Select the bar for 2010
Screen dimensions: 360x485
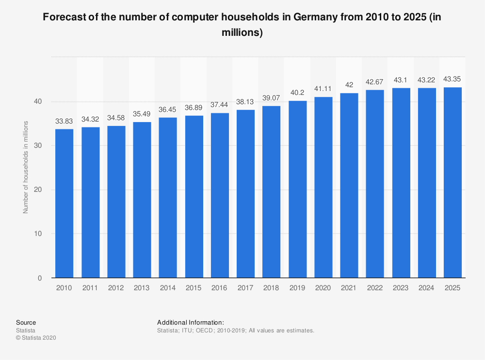coord(64,203)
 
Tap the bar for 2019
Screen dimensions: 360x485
coord(297,189)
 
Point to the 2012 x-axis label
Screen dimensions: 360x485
coord(116,288)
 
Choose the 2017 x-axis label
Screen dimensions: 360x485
coord(245,288)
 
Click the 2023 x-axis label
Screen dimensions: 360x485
coord(400,288)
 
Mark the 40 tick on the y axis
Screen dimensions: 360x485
coord(38,101)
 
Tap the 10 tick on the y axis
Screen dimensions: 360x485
coord(38,234)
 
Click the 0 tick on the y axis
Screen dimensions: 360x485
coord(40,278)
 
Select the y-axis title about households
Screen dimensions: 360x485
coord(26,167)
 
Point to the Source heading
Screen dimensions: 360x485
coord(26,322)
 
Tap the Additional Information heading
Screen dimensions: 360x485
coord(190,322)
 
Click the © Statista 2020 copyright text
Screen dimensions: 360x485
coord(36,338)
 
